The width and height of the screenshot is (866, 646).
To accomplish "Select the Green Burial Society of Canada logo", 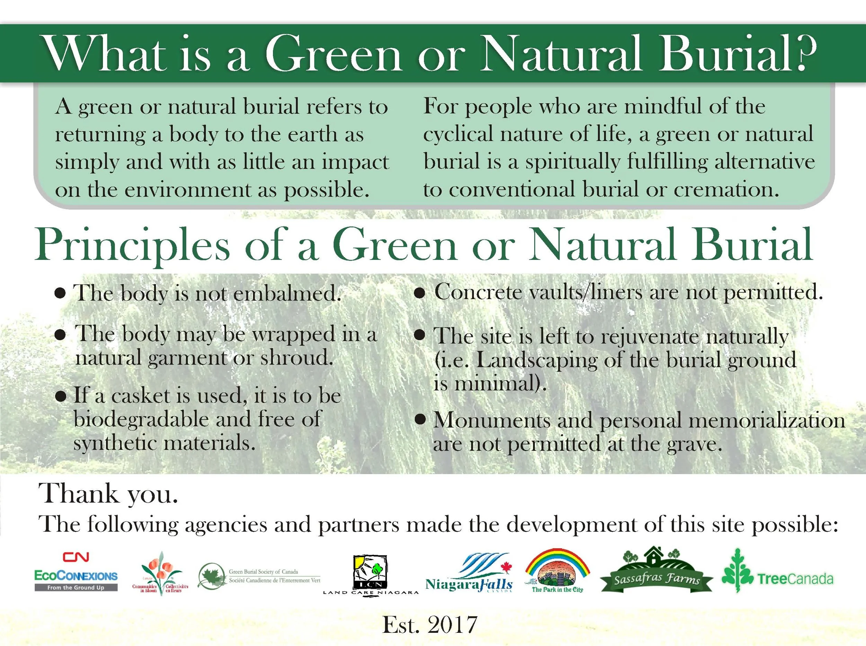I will [x=259, y=576].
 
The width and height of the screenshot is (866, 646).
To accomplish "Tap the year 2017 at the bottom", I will [x=452, y=625].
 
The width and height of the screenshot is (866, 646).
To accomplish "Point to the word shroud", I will [x=297, y=357].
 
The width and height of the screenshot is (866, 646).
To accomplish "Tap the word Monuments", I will [x=492, y=420].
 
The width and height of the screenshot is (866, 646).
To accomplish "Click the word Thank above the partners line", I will [x=79, y=494].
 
